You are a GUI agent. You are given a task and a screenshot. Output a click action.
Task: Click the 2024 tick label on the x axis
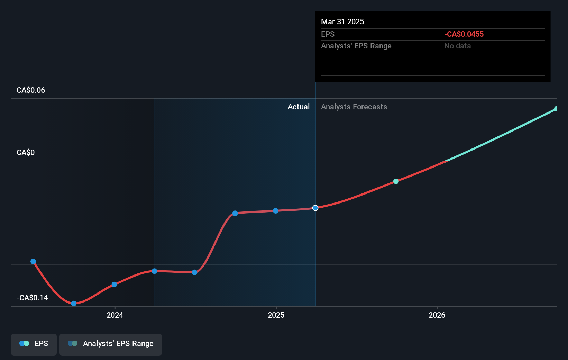(x=115, y=315)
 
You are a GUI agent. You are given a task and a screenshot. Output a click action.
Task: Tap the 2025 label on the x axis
(x=276, y=315)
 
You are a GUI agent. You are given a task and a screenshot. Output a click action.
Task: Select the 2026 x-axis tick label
(x=437, y=315)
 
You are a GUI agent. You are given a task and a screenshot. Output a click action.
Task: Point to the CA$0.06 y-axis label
(x=31, y=90)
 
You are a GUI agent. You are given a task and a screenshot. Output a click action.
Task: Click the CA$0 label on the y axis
(x=26, y=153)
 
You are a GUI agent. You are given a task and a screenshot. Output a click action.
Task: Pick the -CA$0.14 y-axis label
(x=32, y=298)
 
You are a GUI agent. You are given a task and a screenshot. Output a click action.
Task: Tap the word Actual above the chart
(x=299, y=107)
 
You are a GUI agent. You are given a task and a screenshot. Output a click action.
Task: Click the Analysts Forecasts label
(x=354, y=107)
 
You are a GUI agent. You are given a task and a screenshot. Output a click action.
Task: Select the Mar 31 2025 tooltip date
(x=342, y=22)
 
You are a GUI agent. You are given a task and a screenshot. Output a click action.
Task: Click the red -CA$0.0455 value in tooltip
(x=464, y=34)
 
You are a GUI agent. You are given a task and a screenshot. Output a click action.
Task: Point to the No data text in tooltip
(x=457, y=46)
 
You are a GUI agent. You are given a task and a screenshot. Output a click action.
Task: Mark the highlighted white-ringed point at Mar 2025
(x=315, y=208)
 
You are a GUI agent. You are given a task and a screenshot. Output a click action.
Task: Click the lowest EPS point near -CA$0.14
(x=74, y=304)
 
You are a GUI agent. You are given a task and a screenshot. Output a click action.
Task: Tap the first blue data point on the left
(x=33, y=262)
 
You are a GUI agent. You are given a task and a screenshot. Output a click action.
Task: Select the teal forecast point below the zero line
(x=396, y=181)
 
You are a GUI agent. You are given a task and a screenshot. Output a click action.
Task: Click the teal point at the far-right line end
(x=556, y=109)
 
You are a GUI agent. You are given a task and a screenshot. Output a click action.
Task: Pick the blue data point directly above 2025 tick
(x=276, y=211)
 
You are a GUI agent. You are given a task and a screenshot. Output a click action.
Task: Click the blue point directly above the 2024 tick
(x=114, y=285)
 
